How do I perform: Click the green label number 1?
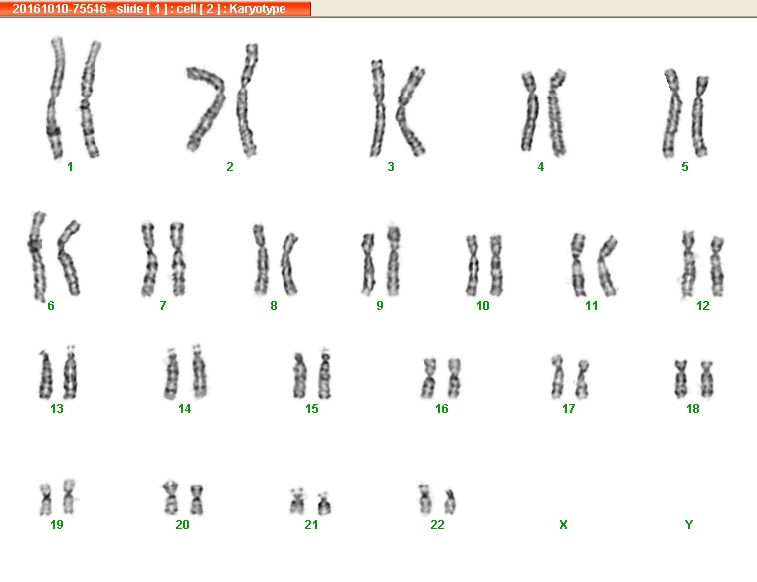coord(70,167)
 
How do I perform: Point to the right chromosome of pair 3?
coord(411,111)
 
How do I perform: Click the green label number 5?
coord(685,167)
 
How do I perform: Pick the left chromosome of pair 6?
coord(37,256)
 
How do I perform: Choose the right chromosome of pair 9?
coord(394,261)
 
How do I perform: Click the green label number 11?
coord(592,306)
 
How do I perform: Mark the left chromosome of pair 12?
coord(688,265)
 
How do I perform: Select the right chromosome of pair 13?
coord(71,373)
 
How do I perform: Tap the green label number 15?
coord(312,409)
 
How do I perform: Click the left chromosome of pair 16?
coord(429,378)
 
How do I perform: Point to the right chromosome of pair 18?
coord(707,379)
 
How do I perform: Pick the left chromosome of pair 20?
coord(170,497)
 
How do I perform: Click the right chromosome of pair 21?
coord(324,503)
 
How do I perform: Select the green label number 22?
coord(437,525)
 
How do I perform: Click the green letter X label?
coord(563,525)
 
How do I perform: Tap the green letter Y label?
coord(689,525)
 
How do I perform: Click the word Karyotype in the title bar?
coord(258,9)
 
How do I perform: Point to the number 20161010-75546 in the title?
coord(60,9)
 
